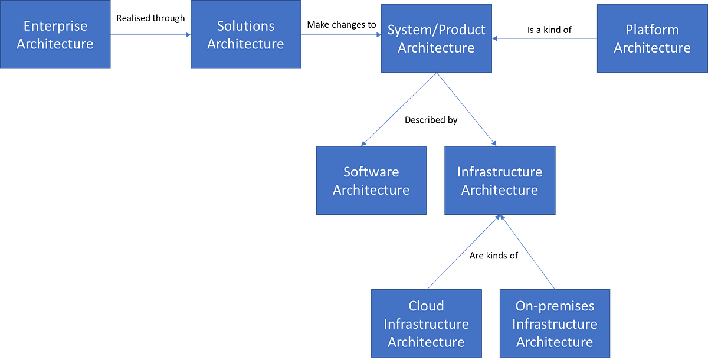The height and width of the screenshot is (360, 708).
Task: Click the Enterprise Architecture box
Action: (55, 35)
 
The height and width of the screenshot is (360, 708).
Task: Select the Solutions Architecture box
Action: (245, 35)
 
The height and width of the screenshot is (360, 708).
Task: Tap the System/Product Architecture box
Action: (436, 38)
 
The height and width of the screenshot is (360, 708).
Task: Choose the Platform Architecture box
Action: (651, 38)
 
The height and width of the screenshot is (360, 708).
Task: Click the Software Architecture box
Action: (371, 181)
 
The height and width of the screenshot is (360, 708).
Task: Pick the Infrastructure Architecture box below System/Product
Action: (499, 181)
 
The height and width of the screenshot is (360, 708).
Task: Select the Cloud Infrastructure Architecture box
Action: (426, 323)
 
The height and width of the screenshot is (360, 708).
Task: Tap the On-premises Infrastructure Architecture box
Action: (554, 323)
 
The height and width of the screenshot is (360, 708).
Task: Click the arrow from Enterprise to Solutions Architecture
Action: (150, 35)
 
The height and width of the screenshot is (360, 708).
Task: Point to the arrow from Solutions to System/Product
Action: (341, 35)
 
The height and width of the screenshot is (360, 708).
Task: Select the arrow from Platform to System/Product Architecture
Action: (544, 38)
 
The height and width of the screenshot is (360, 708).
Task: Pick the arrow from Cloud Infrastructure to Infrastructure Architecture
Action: (464, 252)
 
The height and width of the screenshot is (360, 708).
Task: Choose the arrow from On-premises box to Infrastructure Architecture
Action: (528, 252)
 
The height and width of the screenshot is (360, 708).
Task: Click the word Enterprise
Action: (55, 26)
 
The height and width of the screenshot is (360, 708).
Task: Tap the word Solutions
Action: (245, 26)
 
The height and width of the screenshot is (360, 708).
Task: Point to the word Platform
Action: (651, 30)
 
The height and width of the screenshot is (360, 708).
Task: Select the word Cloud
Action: (426, 306)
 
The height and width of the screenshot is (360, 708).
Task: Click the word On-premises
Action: (554, 306)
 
